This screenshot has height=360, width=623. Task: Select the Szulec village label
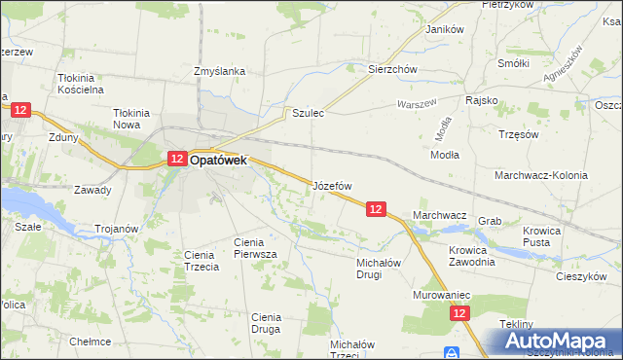coord(308,114)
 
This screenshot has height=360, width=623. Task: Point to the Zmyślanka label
coord(219,71)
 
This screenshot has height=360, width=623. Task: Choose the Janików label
coord(443,29)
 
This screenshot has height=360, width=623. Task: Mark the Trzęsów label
coord(517,134)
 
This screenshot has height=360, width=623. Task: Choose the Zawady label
coord(92,190)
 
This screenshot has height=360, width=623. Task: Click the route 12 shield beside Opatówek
coord(176,159)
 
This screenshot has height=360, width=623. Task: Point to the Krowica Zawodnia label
coord(472,256)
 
